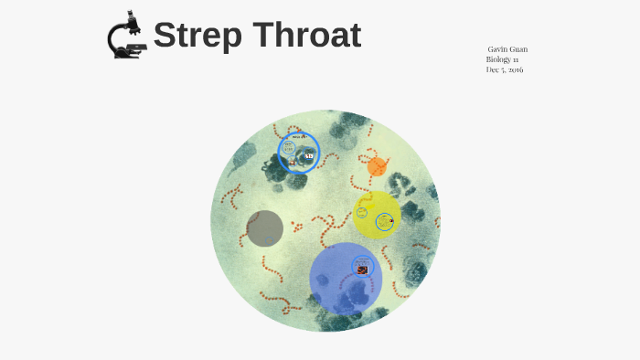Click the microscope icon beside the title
126,36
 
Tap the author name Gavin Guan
507,48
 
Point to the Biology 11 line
502,59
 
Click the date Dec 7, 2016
505,70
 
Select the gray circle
265,228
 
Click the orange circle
377,166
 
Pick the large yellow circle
377,215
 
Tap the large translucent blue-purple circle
344,278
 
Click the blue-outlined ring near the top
299,153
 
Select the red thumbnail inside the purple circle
363,269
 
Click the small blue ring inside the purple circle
363,266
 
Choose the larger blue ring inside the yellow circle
385,221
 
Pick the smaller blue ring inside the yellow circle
362,213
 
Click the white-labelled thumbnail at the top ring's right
309,157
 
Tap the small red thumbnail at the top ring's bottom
292,163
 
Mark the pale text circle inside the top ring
289,146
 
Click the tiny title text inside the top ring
298,137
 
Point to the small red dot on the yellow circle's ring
391,219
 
